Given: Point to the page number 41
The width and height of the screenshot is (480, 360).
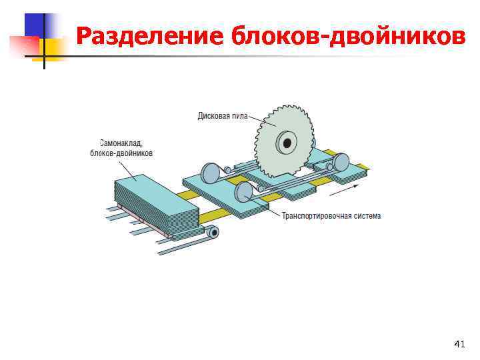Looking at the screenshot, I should coord(459,343).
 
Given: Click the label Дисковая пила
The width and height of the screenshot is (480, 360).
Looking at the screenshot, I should coord(222,116).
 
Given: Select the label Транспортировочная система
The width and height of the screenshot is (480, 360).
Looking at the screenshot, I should coord(331,216).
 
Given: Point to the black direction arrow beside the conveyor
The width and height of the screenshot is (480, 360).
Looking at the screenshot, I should coord(341,189).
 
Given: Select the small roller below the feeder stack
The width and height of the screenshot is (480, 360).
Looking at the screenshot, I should coord(213,232).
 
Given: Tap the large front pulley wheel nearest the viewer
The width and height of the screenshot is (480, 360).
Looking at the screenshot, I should coord(243,193).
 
